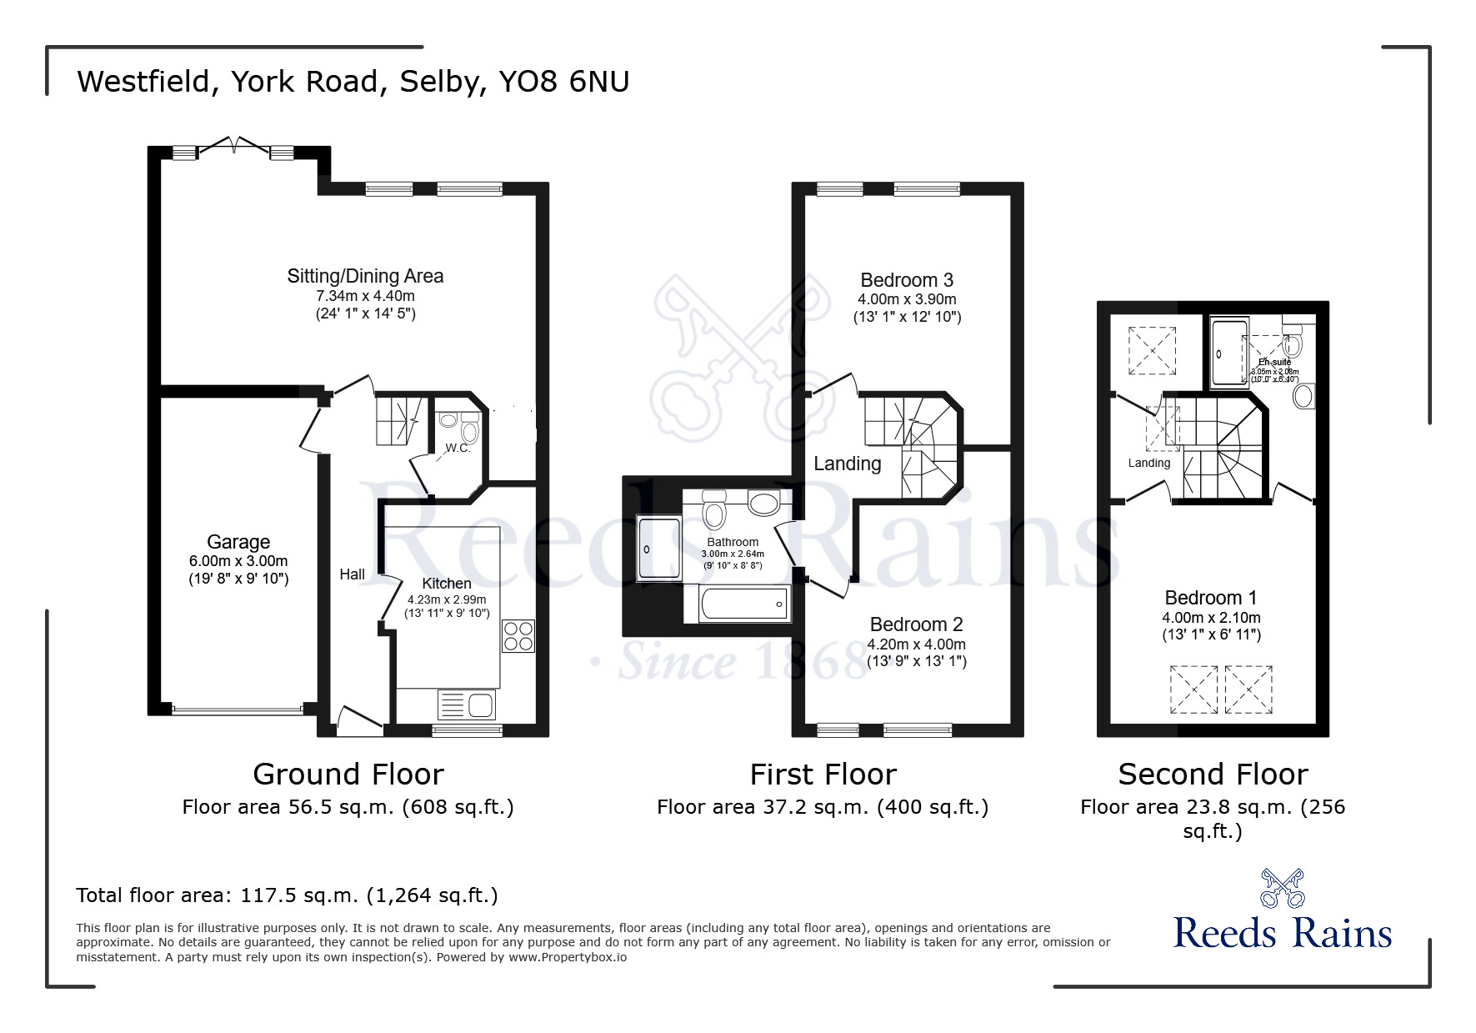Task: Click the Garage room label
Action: pyautogui.click(x=238, y=542)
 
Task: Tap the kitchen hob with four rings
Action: pyautogui.click(x=518, y=636)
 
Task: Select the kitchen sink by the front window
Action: pyautogui.click(x=467, y=705)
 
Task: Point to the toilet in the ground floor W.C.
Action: pyautogui.click(x=469, y=432)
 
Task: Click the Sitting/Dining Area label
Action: pyautogui.click(x=365, y=276)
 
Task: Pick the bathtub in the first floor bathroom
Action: pyautogui.click(x=744, y=604)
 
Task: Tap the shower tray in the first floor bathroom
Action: pyautogui.click(x=658, y=548)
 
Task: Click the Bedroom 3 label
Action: pyautogui.click(x=907, y=280)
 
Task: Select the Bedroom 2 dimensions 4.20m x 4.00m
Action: pyautogui.click(x=916, y=644)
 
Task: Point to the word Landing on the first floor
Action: pyautogui.click(x=847, y=464)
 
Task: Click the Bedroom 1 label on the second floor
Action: pyautogui.click(x=1210, y=598)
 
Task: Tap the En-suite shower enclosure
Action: pyautogui.click(x=1229, y=353)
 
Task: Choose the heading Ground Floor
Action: pyautogui.click(x=348, y=775)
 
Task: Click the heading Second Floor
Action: pyautogui.click(x=1213, y=775)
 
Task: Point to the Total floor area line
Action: pyautogui.click(x=287, y=895)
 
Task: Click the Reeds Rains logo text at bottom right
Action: pyautogui.click(x=1282, y=933)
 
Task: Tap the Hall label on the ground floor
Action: pyautogui.click(x=352, y=574)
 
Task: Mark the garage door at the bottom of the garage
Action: pyautogui.click(x=238, y=710)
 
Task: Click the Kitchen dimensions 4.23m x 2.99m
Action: pyautogui.click(x=447, y=599)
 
